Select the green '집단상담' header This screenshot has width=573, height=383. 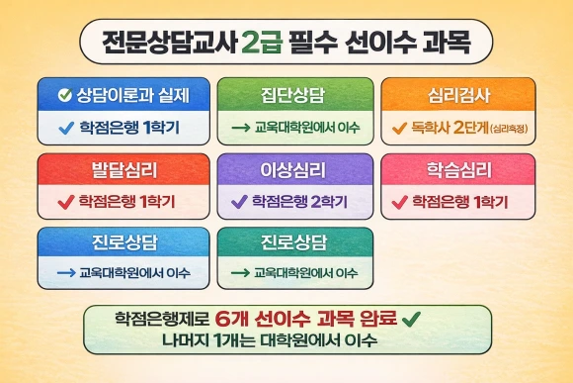(x=295, y=95)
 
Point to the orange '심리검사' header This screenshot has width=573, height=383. (x=457, y=95)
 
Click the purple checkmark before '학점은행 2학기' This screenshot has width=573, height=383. (x=237, y=202)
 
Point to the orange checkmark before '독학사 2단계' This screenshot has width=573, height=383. (x=399, y=127)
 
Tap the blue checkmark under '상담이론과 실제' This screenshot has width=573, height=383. (x=65, y=127)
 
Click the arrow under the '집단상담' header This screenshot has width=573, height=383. (x=239, y=127)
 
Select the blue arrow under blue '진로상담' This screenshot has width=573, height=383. (x=66, y=272)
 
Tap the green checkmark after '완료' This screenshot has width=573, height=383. (x=412, y=319)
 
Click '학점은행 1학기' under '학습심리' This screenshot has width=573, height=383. (x=461, y=202)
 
